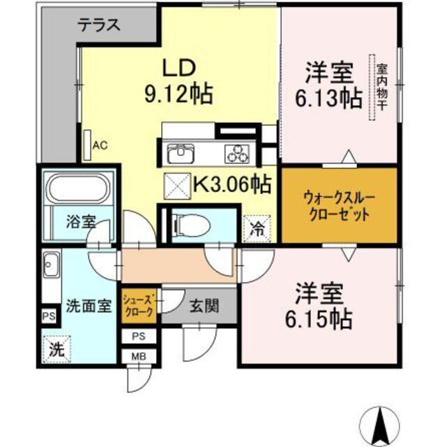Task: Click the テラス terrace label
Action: (x=99, y=25)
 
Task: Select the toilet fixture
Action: (x=183, y=224)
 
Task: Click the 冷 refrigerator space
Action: (x=257, y=227)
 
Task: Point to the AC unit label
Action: (x=100, y=145)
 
